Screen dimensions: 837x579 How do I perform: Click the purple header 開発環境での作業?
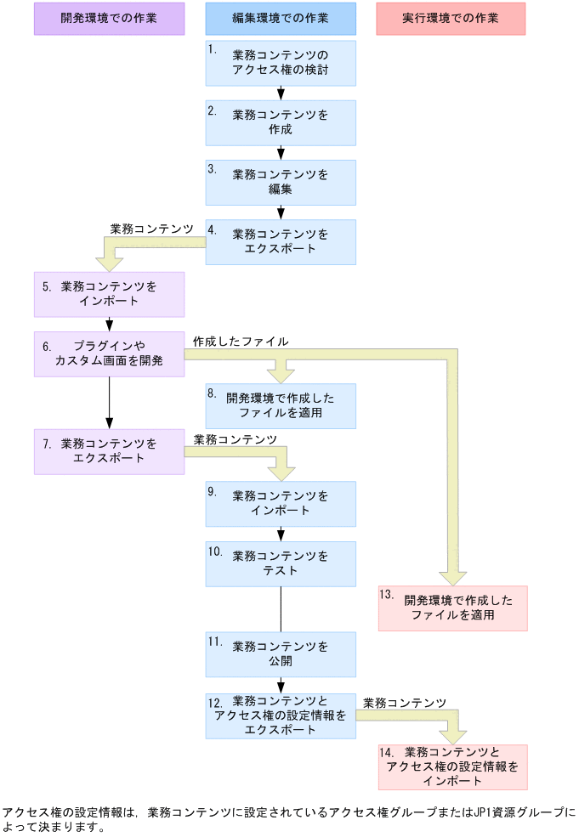109,18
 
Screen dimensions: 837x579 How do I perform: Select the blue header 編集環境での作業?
281,18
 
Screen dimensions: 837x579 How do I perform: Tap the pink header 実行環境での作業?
451,18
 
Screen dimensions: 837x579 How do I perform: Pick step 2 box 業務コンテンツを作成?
281,122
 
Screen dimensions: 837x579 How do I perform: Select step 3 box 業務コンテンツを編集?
281,182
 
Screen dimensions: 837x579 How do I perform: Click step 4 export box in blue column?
281,241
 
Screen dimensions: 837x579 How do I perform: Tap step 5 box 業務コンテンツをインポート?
109,294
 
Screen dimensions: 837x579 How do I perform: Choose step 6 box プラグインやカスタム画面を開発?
109,353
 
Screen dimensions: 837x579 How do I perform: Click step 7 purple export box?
109,451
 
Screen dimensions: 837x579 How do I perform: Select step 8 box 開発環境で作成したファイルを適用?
281,405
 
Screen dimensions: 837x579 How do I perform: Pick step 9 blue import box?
281,504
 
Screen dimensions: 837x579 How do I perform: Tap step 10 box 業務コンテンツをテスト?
281,563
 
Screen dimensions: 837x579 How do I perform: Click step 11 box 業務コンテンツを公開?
281,653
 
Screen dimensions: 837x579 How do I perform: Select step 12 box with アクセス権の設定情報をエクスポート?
281,715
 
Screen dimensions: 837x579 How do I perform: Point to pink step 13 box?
452,608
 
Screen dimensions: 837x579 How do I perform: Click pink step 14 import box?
452,766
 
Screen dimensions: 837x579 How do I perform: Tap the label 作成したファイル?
241,341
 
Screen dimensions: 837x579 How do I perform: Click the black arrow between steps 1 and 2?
281,93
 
